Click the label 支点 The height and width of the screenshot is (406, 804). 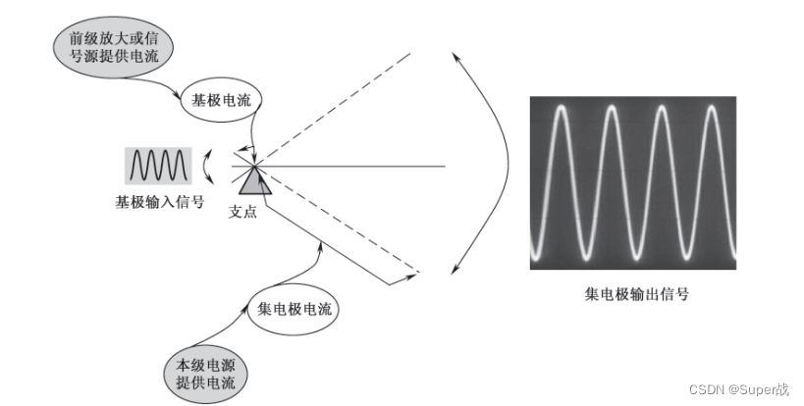click(x=242, y=210)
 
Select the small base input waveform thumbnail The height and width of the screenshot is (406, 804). click(x=157, y=164)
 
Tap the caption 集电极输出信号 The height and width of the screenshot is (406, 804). click(x=631, y=293)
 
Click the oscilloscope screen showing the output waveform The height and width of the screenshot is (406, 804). click(x=631, y=181)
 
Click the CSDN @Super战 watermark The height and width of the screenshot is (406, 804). click(x=739, y=389)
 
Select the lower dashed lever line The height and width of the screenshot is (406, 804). click(x=344, y=230)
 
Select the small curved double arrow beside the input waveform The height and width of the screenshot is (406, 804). click(x=208, y=166)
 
